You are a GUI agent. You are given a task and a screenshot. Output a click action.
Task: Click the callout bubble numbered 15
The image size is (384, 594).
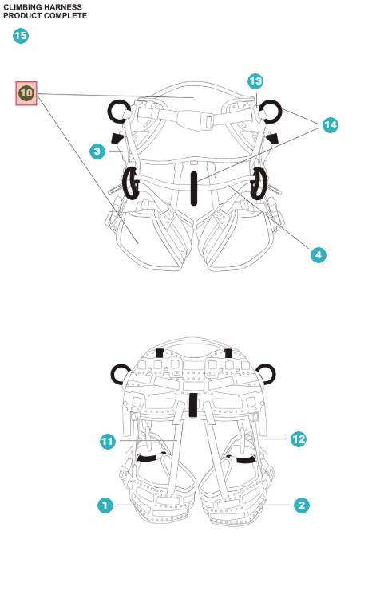[x=21, y=36]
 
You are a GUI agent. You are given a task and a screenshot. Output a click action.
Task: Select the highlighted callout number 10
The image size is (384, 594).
[x=26, y=93]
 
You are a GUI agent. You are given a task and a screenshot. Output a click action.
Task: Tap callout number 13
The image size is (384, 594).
[x=255, y=81]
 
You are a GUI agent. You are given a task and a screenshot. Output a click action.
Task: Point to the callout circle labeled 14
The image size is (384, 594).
[x=331, y=125]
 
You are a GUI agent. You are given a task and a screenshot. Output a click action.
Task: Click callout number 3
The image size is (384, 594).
[x=97, y=150]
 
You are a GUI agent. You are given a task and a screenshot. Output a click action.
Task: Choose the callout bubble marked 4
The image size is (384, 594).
[x=318, y=255]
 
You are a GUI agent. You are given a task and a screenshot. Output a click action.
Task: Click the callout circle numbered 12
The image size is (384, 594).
[x=299, y=439]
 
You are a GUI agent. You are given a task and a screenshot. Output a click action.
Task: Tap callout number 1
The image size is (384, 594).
[x=105, y=505]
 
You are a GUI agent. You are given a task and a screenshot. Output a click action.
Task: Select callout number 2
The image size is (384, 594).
[x=301, y=505]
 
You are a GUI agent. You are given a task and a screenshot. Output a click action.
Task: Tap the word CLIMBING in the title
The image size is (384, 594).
[x=22, y=7]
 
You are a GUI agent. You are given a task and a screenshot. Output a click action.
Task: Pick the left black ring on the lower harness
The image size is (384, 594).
[x=121, y=372]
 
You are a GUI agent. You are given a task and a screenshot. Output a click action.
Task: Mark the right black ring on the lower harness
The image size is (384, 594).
[x=265, y=372]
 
